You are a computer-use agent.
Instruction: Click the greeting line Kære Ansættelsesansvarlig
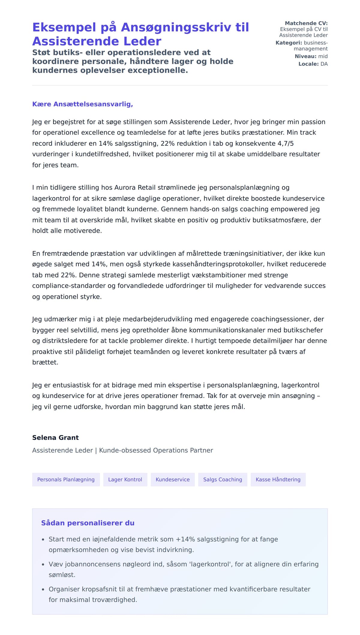82,104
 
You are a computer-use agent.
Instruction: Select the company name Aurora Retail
135,188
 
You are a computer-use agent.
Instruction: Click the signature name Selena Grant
55,437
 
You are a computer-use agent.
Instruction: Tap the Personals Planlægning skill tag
66,479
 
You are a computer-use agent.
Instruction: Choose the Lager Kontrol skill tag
125,479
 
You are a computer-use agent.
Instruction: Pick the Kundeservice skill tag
172,479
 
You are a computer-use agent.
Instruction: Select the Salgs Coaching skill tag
223,479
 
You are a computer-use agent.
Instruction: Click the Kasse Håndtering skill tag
278,479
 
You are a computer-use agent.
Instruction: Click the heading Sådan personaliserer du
88,523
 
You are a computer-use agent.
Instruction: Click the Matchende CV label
306,23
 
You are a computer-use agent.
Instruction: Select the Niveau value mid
323,56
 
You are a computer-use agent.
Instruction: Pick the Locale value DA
324,64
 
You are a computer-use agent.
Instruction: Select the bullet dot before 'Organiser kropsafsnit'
43,589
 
